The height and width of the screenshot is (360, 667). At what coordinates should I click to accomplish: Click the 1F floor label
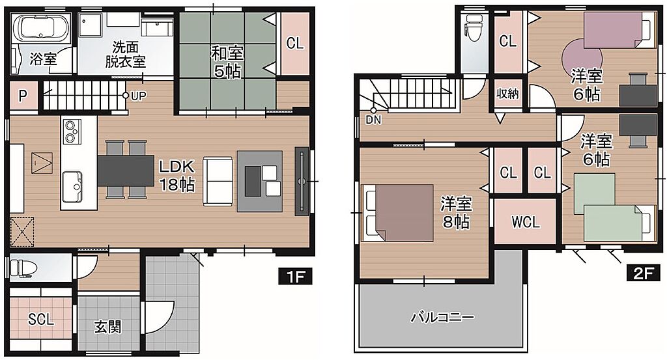295,276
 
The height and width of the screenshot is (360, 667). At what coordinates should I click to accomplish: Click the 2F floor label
643,273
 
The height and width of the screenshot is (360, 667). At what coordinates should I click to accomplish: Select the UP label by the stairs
138,96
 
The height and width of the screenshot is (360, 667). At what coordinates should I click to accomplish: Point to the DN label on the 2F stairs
373,120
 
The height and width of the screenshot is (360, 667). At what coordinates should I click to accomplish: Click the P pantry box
23,96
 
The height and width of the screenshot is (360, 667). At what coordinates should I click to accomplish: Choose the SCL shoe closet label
41,319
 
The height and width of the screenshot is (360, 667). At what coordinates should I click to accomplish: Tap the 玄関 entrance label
107,327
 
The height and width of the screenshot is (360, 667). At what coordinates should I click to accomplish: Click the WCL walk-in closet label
526,222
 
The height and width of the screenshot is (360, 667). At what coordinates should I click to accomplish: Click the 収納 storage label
507,94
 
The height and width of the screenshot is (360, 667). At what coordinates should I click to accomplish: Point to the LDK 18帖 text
177,175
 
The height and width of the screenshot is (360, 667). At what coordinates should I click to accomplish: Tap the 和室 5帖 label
227,62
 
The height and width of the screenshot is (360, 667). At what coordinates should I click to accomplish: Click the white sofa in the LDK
218,181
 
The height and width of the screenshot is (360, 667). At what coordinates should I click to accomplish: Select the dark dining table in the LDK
126,170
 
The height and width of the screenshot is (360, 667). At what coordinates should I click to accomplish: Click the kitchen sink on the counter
72,187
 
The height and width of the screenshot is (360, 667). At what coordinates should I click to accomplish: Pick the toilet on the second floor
474,27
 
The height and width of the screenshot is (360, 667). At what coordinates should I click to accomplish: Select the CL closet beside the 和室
295,44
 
